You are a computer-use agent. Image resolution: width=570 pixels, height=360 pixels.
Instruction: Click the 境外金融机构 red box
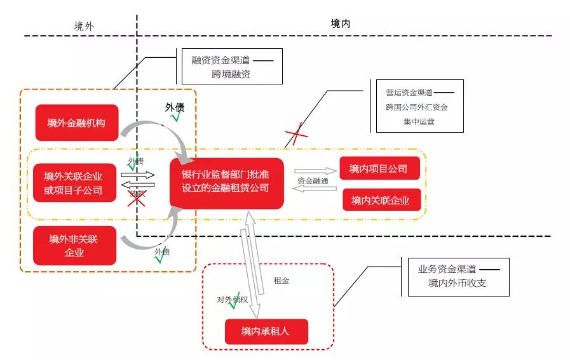click(76, 123)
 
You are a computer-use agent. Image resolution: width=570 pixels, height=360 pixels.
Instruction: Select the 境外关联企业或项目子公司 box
click(73, 183)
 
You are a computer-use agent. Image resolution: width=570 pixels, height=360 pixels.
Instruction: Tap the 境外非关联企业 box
click(74, 246)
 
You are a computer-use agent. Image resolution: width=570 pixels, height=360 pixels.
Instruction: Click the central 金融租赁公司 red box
click(226, 182)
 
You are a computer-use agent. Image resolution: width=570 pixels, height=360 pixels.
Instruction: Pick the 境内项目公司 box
click(378, 169)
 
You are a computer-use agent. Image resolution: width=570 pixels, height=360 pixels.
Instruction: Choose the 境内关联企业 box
click(380, 201)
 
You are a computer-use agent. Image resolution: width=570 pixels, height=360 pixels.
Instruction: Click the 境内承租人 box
click(266, 331)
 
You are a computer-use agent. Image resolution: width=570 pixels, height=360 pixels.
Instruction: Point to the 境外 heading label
click(83, 26)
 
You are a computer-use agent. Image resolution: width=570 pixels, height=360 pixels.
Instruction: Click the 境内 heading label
click(340, 23)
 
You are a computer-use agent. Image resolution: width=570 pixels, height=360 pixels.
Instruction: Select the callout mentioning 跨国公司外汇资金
click(419, 106)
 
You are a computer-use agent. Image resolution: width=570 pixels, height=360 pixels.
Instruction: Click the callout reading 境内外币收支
click(458, 276)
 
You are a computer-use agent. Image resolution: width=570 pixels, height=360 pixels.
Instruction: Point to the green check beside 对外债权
click(234, 300)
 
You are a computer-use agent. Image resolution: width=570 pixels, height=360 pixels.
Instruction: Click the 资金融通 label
click(313, 181)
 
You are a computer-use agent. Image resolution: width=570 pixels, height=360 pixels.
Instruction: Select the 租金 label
click(281, 280)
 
